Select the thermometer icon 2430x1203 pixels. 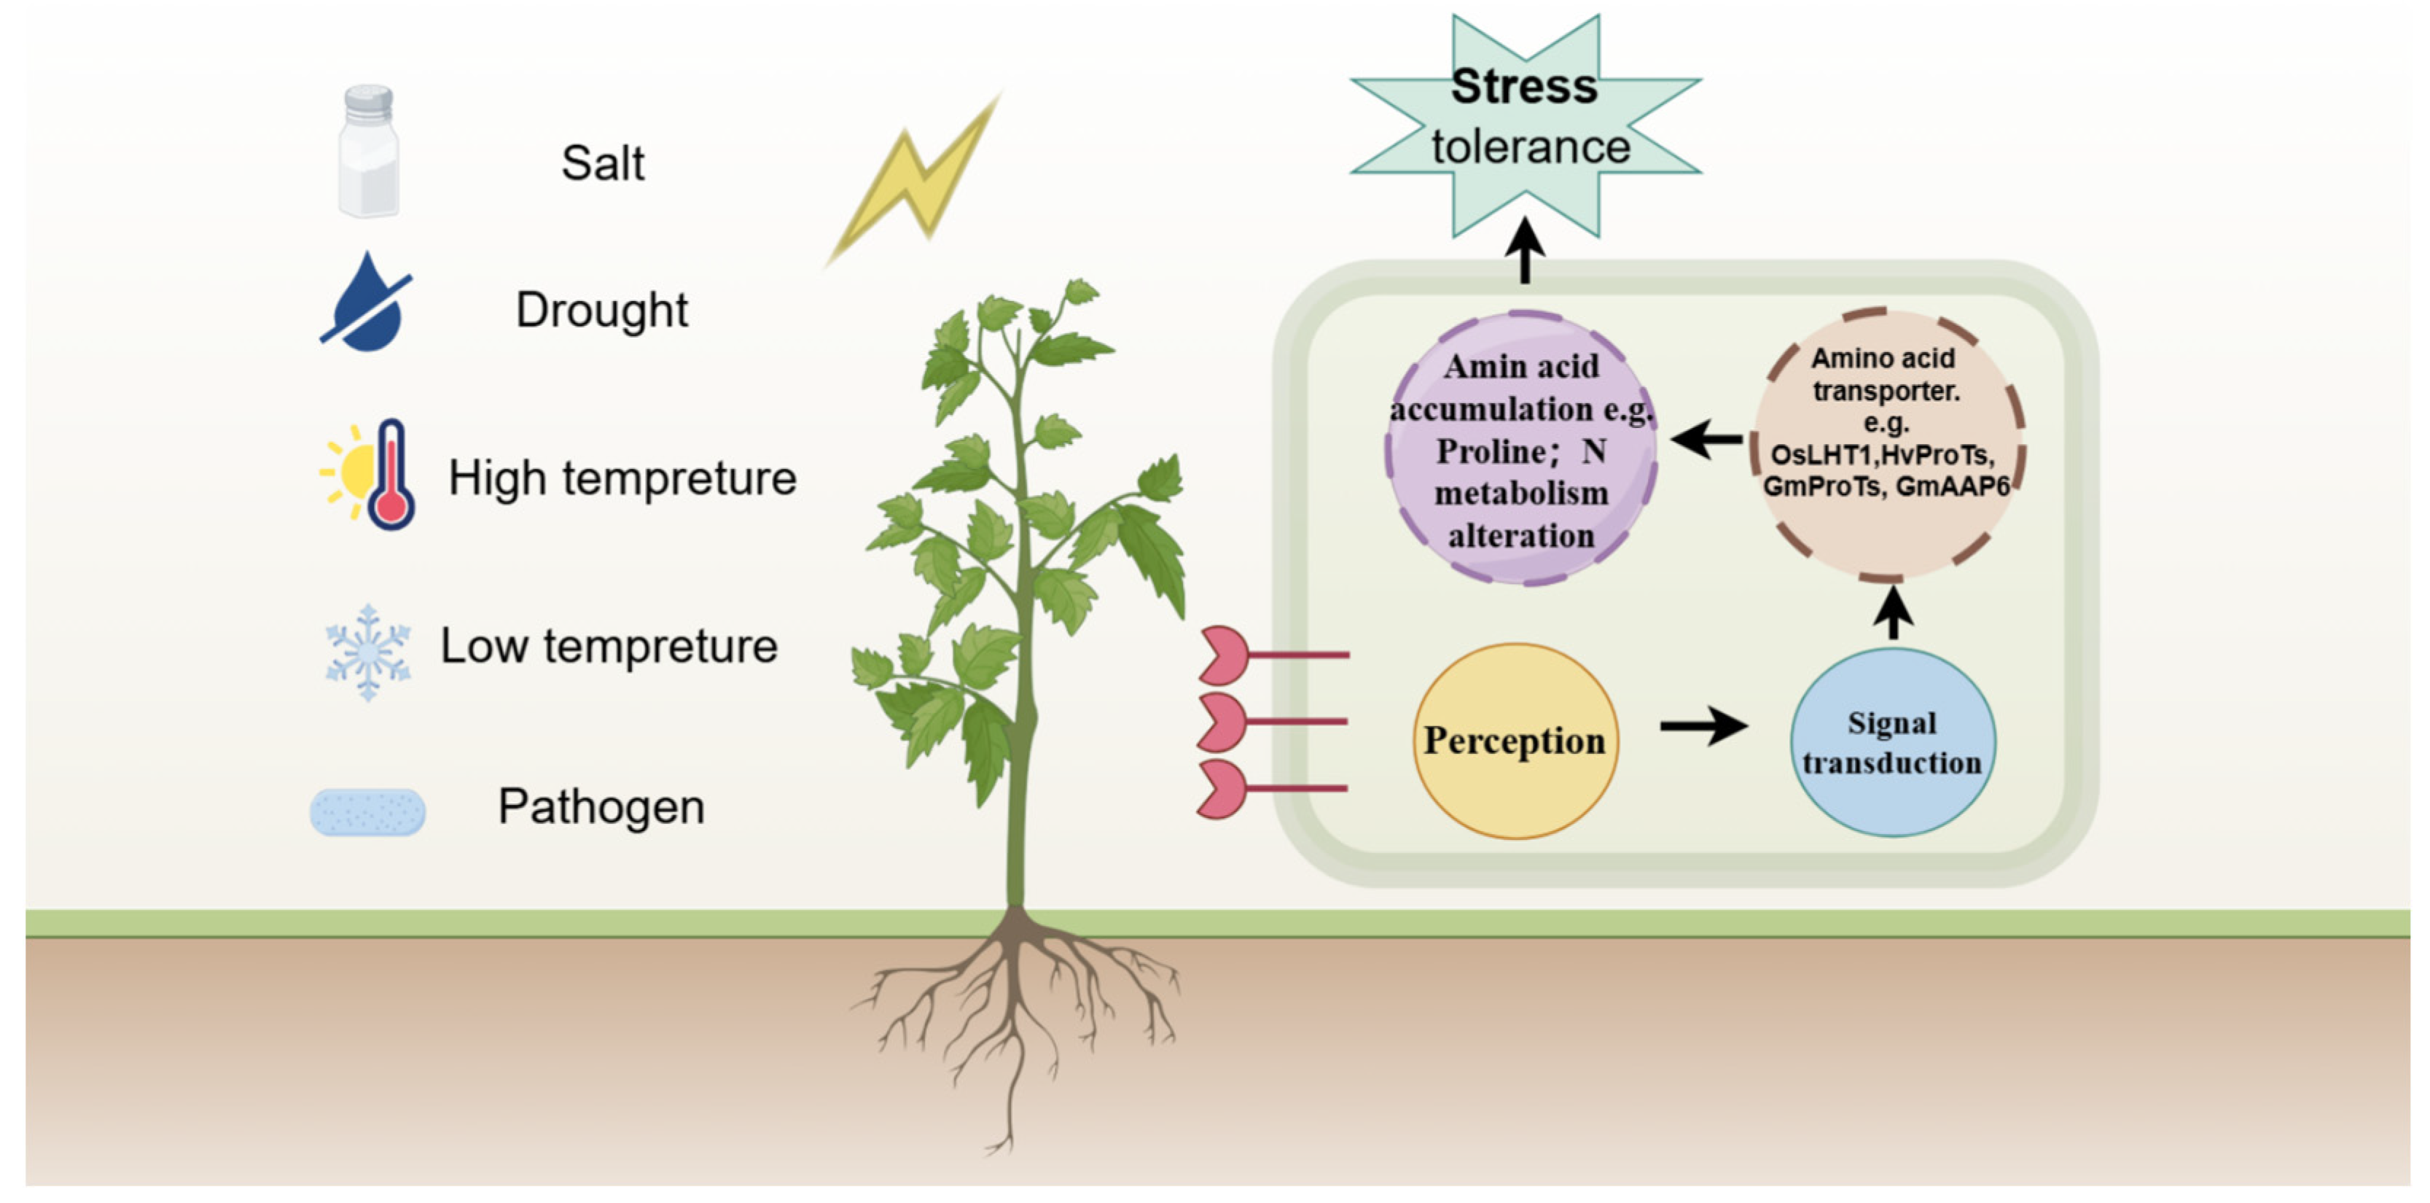(390, 475)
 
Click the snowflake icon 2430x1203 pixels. (368, 652)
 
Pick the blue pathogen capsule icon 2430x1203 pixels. (368, 811)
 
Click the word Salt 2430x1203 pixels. (603, 163)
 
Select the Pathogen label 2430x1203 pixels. (601, 806)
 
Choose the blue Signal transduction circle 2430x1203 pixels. (1892, 742)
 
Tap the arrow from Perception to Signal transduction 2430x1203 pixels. (1703, 725)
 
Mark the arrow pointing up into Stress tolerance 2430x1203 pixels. (1525, 250)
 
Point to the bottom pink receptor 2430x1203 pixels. (1224, 789)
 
